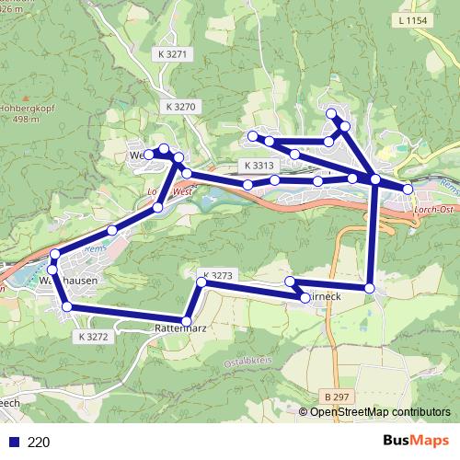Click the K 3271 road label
click(x=172, y=54)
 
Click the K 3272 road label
click(x=93, y=338)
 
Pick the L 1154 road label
click(x=416, y=19)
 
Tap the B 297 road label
click(x=338, y=396)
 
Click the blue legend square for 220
click(x=13, y=442)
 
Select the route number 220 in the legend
click(x=39, y=442)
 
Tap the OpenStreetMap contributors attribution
click(x=379, y=412)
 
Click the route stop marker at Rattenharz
click(x=188, y=320)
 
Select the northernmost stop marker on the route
click(x=332, y=112)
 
